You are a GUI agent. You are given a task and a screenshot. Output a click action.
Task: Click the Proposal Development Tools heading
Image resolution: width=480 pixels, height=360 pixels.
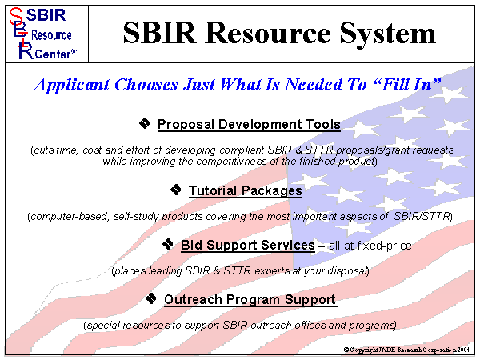coord(249,125)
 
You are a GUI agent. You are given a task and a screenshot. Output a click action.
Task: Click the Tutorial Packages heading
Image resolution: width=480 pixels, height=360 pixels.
coord(245,191)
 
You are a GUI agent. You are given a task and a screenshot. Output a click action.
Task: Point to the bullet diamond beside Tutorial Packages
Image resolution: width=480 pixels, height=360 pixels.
coord(176,190)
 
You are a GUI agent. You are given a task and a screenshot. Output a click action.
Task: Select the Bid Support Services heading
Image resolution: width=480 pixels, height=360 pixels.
coord(247,245)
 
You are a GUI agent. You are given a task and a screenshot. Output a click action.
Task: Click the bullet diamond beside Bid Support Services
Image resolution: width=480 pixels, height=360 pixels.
coord(168,243)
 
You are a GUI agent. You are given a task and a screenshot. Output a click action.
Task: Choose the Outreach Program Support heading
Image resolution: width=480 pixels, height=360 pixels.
coord(250,300)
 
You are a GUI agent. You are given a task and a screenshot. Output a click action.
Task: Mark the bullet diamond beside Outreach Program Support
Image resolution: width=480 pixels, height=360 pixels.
coord(151,298)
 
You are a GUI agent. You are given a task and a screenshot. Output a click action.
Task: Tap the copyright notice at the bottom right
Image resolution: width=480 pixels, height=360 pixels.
coord(409,350)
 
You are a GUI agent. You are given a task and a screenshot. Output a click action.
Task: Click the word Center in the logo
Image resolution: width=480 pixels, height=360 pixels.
coord(54,52)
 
